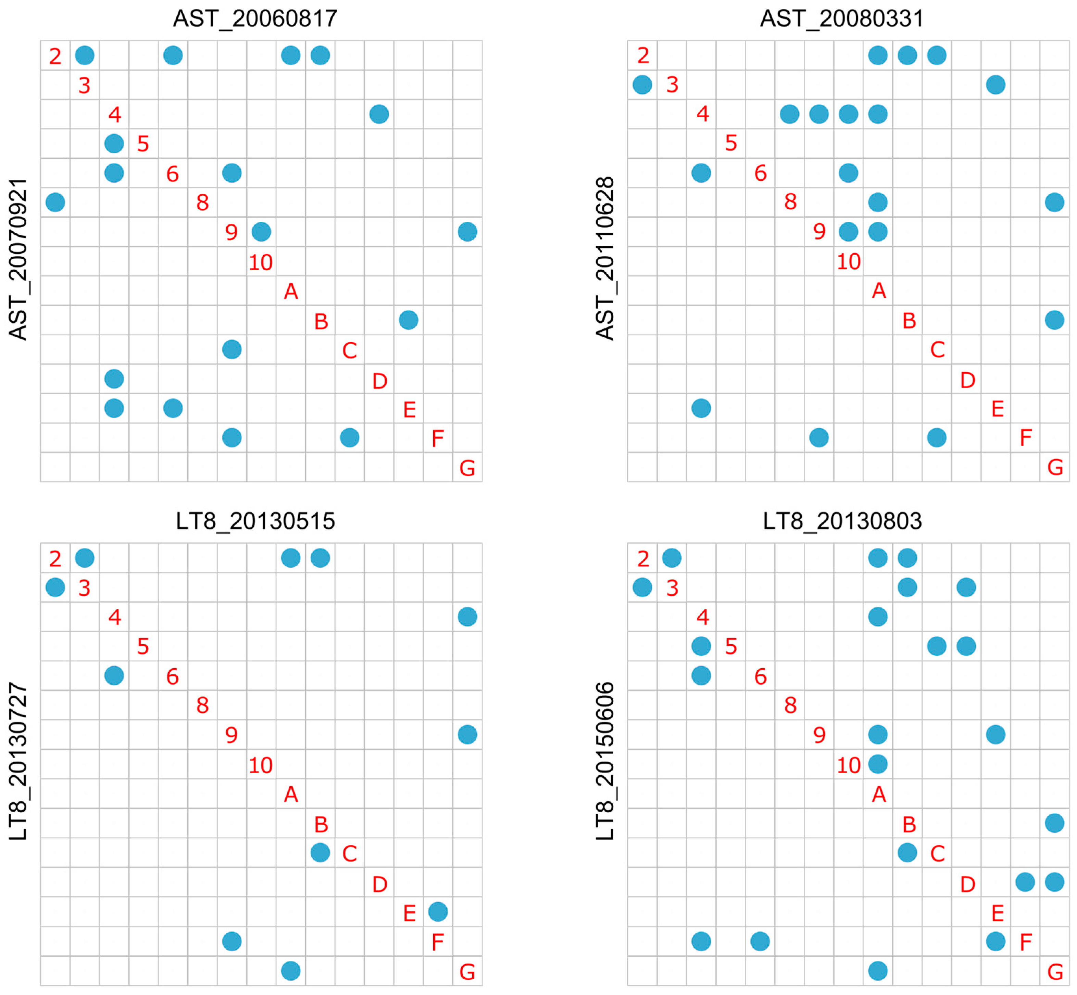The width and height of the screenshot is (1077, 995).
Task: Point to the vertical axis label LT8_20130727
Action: [18, 761]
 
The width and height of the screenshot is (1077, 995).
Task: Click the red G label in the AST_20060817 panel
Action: [467, 468]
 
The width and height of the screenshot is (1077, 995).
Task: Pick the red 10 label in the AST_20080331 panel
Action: [849, 262]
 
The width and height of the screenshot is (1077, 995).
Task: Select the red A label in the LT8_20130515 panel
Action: [291, 794]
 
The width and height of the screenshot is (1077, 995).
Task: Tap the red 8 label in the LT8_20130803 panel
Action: [790, 705]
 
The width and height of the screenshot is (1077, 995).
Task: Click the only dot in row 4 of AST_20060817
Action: [379, 114]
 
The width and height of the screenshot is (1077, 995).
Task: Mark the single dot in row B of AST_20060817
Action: [409, 320]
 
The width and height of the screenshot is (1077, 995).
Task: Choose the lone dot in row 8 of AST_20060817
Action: [55, 203]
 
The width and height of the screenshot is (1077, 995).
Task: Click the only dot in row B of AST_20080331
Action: [1054, 320]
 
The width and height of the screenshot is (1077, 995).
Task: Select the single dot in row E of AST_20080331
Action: [701, 408]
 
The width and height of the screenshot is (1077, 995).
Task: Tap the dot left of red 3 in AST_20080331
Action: [642, 85]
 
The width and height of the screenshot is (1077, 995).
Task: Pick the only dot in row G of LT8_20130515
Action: [291, 971]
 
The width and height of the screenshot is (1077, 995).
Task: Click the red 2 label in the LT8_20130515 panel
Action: [55, 559]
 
